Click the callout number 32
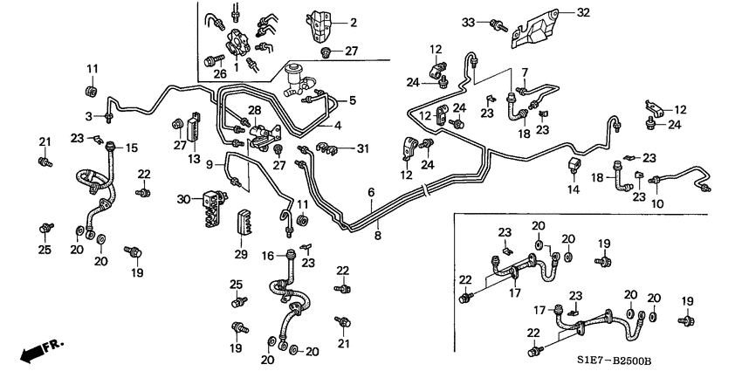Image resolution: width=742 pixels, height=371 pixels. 584,12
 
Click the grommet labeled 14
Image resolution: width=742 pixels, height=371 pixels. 575,166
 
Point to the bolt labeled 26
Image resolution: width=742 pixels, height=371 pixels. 210,59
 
